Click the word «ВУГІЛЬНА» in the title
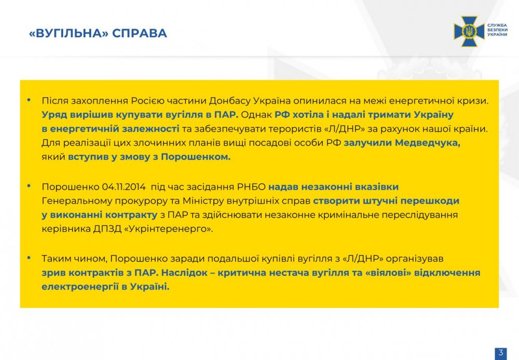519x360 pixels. [x=69, y=33]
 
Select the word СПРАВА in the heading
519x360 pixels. [x=139, y=33]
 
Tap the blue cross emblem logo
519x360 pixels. [x=469, y=31]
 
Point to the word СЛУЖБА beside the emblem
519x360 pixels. [x=497, y=25]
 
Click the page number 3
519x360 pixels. [x=501, y=352]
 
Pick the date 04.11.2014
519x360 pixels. [x=124, y=187]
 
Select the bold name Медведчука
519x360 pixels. [x=427, y=143]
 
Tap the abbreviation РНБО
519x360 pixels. [x=251, y=187]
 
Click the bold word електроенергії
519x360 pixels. [x=80, y=287]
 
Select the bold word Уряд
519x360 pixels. [x=54, y=115]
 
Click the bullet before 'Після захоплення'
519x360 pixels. [x=29, y=99]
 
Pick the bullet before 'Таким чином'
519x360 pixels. [x=29, y=257]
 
